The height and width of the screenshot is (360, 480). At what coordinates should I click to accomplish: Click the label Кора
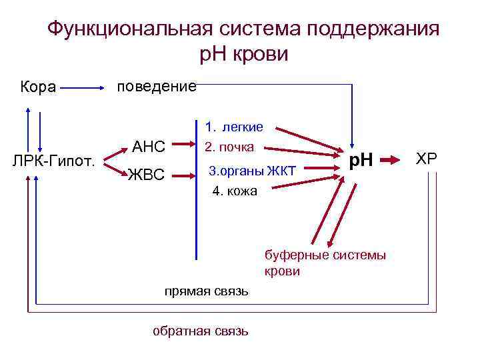(x=38, y=87)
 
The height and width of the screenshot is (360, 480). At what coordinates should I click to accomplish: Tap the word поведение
(x=156, y=87)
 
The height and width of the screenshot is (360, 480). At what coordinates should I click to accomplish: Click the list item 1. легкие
(x=234, y=127)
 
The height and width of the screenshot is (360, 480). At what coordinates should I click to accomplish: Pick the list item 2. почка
(x=229, y=147)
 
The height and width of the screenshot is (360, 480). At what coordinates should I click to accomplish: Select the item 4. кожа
(x=237, y=191)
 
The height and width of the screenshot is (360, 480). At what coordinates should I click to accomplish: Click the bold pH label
(x=361, y=160)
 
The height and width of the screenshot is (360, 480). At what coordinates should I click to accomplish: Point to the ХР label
(x=427, y=159)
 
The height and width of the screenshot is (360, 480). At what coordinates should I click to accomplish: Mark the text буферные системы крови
(x=325, y=263)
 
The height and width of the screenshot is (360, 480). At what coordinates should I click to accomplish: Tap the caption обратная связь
(x=201, y=331)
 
